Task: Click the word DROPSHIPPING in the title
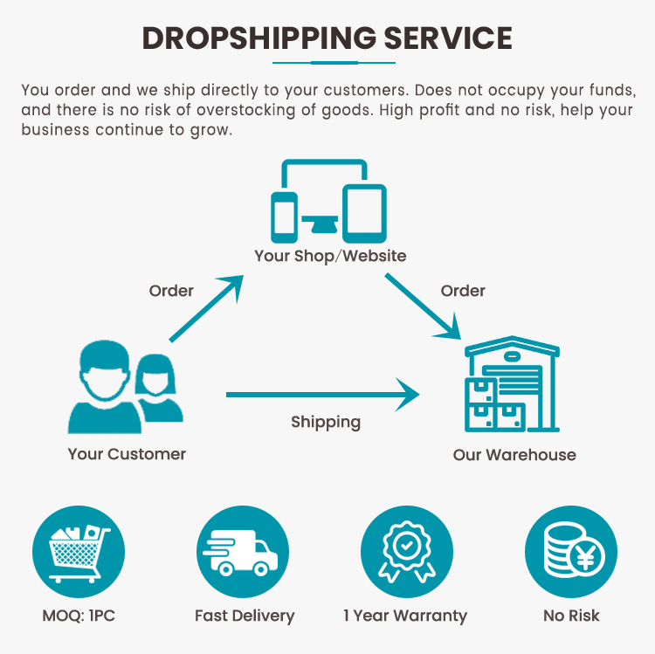click(x=259, y=38)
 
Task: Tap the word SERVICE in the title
click(x=448, y=38)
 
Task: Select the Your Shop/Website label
click(x=330, y=256)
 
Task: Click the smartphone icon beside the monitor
click(x=284, y=217)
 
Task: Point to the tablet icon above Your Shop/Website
click(x=364, y=213)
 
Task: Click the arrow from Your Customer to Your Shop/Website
click(x=206, y=308)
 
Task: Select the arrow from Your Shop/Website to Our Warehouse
click(x=423, y=306)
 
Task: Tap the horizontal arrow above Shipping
click(x=323, y=395)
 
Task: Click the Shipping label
click(x=326, y=423)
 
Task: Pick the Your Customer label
click(x=127, y=454)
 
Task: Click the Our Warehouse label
click(x=514, y=455)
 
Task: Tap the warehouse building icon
click(x=512, y=383)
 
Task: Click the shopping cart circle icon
click(x=79, y=552)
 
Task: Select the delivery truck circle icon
click(x=243, y=552)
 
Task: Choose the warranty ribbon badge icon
click(x=407, y=552)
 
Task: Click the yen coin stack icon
click(x=571, y=552)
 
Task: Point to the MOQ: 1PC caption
click(x=79, y=616)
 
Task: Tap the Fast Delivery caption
click(x=245, y=616)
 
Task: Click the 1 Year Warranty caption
click(x=405, y=616)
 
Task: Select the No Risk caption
click(x=571, y=616)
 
